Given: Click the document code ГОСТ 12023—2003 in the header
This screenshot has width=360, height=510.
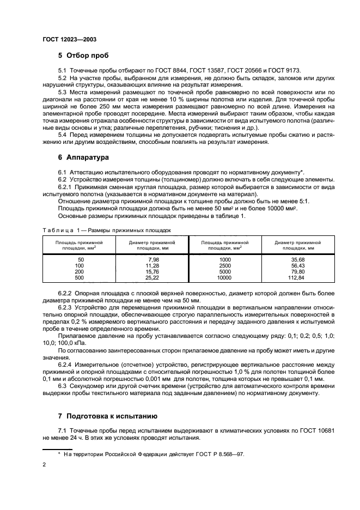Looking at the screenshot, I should click(x=70, y=40).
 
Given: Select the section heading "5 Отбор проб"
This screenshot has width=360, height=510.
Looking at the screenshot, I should click(x=83, y=56).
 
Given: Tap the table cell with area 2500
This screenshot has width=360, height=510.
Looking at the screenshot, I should click(x=225, y=265).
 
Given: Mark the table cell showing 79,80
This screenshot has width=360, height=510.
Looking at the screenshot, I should click(x=296, y=271).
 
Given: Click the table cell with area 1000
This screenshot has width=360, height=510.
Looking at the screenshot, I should click(x=225, y=260).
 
